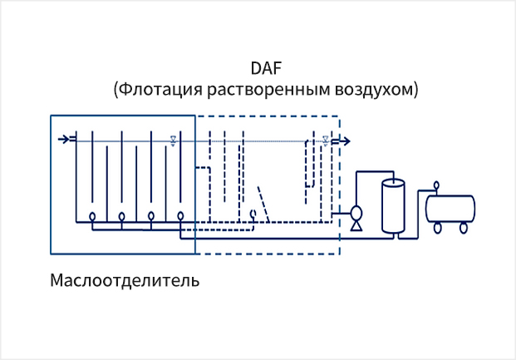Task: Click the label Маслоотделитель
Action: [125, 279]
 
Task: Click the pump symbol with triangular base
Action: [356, 218]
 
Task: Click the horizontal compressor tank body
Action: [450, 207]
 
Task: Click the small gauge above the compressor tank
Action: [437, 185]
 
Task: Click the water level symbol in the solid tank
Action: [172, 139]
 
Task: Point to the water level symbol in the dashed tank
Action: [326, 141]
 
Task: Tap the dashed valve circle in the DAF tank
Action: [253, 214]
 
